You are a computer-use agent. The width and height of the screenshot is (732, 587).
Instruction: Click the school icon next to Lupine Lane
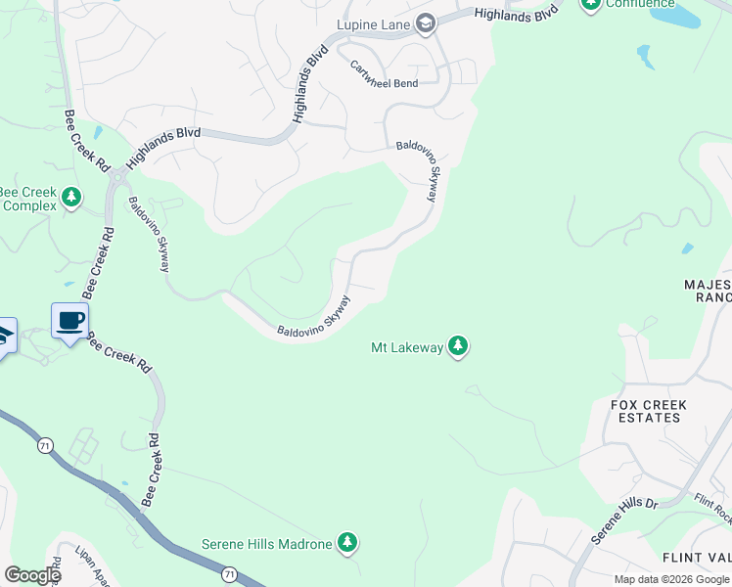pos(426,23)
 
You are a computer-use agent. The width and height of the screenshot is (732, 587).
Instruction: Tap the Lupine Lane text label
pos(376,23)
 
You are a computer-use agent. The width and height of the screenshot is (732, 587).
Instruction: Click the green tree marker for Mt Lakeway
pos(457,346)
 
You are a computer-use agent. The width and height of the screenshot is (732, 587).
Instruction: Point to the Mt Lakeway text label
pos(406,346)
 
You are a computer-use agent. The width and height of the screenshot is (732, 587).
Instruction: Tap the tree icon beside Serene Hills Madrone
pos(345,543)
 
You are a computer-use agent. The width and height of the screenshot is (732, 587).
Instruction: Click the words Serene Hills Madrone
pos(266,544)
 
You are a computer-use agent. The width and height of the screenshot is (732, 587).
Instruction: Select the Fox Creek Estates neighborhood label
pos(649,411)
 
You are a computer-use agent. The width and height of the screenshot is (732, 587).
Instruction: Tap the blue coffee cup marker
pos(70,321)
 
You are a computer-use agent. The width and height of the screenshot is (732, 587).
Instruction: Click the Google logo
pos(32,575)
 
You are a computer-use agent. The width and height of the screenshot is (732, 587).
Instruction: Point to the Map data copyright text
pos(670,579)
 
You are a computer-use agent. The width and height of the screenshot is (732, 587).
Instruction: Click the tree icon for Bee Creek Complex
pos(70,199)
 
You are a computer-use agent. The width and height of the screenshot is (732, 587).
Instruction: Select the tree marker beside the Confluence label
pos(589,4)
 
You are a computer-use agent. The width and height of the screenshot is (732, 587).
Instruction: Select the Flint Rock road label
pos(712,505)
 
